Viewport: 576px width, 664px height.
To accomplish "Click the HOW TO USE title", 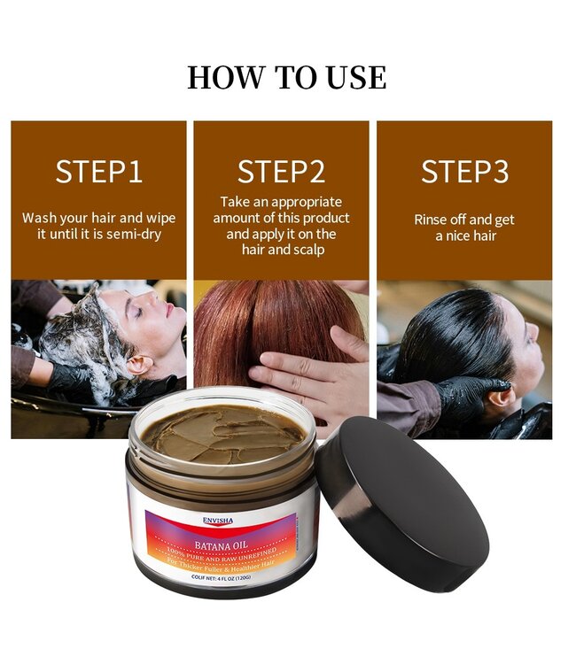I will click(x=287, y=77).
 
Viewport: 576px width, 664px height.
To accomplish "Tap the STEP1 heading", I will click(x=98, y=172).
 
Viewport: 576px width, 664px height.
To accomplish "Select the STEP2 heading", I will click(x=281, y=172).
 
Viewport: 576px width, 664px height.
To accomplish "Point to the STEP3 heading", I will click(x=464, y=172).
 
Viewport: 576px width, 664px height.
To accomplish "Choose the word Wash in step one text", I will click(x=38, y=218).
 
